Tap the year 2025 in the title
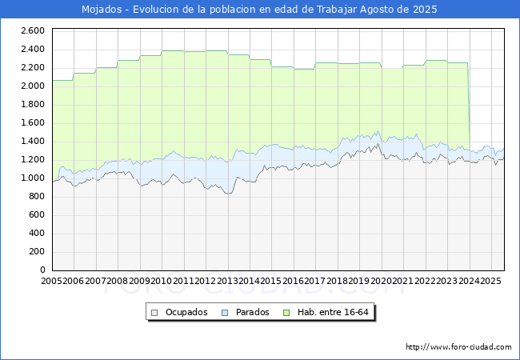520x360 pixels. coord(425,10)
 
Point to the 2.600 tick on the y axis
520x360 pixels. coord(33,31)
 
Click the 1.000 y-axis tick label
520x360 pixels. coord(33,178)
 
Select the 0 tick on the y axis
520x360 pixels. coord(42,270)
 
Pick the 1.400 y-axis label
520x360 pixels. coord(33,142)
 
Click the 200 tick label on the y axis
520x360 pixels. coord(37,252)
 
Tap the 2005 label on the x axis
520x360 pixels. coord(51,281)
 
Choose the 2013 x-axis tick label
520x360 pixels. coord(227,281)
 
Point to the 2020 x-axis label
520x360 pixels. coord(381,281)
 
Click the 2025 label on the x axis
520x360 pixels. coord(491,281)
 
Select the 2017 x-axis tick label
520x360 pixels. coord(315,281)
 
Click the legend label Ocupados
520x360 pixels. coord(186,312)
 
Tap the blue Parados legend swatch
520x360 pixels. coord(225,313)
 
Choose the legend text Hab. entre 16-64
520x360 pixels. coord(333,312)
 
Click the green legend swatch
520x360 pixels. coord(286,313)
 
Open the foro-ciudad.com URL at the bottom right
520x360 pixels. coord(458,347)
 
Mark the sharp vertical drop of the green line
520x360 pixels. coord(469,106)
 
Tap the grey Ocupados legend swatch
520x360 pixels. coord(154,313)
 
